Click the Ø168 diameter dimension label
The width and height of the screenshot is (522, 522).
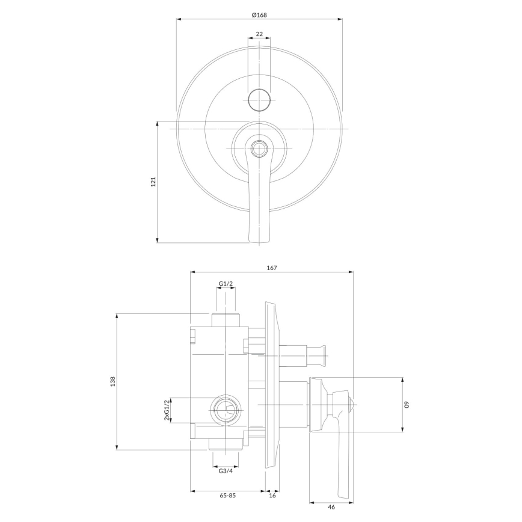click(x=259, y=14)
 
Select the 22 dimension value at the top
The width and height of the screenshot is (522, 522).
click(x=259, y=34)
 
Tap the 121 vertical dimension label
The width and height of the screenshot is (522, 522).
click(x=153, y=182)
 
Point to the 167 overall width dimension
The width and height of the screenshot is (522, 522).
click(x=271, y=268)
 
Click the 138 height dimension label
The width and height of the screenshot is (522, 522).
click(x=112, y=381)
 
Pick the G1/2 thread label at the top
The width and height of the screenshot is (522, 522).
click(x=226, y=283)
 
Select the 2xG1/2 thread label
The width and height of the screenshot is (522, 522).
click(x=167, y=410)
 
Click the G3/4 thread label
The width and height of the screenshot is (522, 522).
click(x=225, y=470)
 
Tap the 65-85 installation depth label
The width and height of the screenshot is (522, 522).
click(x=227, y=496)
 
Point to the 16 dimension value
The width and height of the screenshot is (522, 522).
click(x=272, y=496)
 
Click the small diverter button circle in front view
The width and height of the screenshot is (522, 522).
click(x=259, y=99)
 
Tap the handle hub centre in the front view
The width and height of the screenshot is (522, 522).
click(x=259, y=148)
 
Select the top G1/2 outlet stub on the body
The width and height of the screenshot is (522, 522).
click(x=226, y=319)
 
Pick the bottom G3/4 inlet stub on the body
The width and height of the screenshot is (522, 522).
click(x=226, y=444)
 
